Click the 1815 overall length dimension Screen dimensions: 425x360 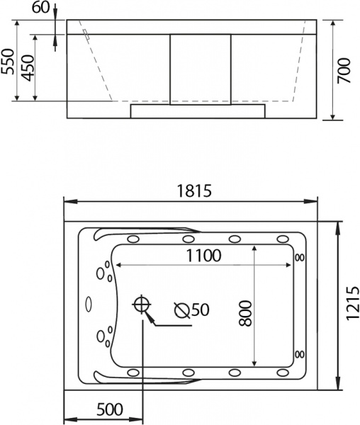(x=191, y=191)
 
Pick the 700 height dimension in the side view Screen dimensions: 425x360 (x=344, y=69)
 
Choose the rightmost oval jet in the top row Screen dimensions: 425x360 (x=282, y=238)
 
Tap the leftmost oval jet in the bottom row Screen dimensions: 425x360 (x=133, y=372)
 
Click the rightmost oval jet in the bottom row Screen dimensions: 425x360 (x=282, y=372)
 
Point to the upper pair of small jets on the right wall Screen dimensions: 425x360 (x=299, y=257)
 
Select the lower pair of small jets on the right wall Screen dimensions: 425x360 (x=299, y=353)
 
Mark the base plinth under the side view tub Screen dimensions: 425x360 (x=199, y=110)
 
